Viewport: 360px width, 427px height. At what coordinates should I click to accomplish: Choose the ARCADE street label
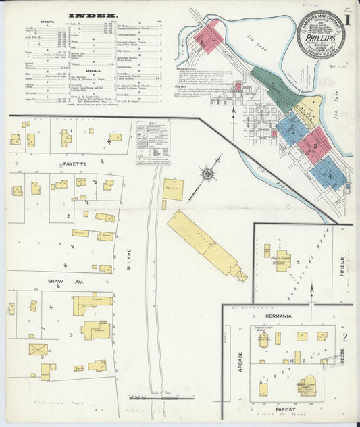tap(240, 362)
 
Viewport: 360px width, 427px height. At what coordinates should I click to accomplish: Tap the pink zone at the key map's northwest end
tap(207, 36)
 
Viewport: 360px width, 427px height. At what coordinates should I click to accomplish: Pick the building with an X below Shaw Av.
tap(38, 349)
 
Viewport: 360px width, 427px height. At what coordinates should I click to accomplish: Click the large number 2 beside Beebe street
tap(344, 337)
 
